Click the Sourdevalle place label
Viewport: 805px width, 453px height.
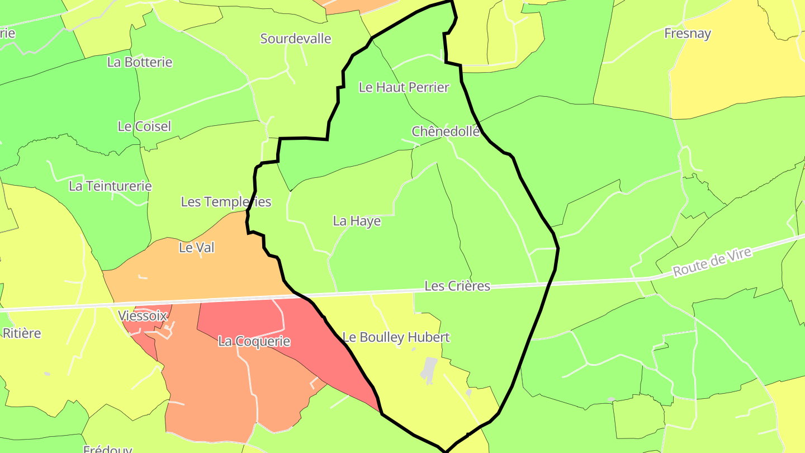coord(296,39)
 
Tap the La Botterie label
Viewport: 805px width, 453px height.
coord(140,62)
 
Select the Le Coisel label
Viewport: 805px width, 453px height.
coord(144,126)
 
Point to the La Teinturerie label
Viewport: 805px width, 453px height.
coord(110,186)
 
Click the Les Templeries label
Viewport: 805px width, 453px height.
coord(226,202)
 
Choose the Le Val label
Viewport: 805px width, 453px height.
coord(197,247)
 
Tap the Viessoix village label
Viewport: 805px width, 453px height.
coord(143,316)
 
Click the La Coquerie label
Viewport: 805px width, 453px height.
coord(254,341)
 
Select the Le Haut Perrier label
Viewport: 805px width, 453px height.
coord(404,87)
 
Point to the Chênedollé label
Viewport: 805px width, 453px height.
coord(446,131)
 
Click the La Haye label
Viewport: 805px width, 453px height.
coord(357,221)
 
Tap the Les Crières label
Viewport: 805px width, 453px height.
coord(457,286)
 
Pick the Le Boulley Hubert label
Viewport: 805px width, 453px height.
coord(396,337)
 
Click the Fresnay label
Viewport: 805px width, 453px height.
coord(688,34)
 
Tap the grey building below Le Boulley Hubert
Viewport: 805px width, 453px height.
coord(429,370)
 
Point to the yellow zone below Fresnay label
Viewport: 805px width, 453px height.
coord(727,78)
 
